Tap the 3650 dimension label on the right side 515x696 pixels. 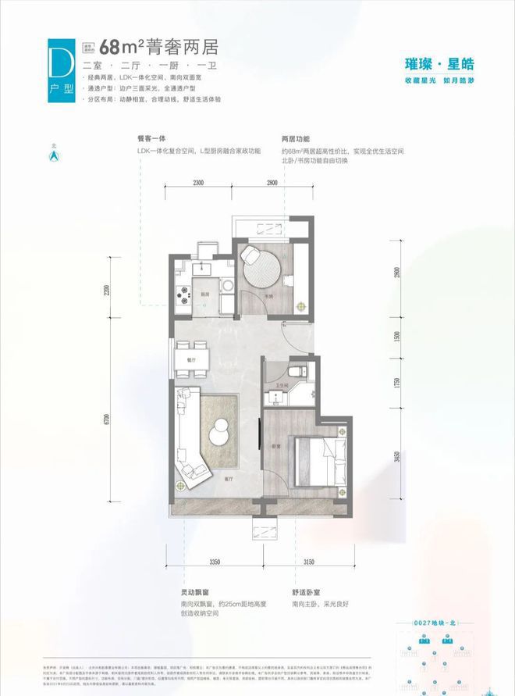[x=396, y=457]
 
